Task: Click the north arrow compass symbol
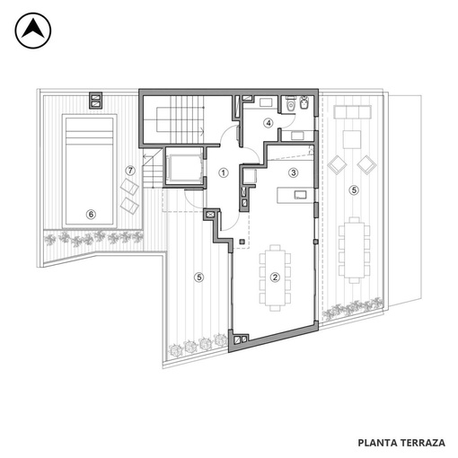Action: click(x=33, y=31)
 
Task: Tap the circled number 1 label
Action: click(x=224, y=172)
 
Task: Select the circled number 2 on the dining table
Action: click(x=275, y=277)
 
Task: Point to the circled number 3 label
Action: click(x=294, y=172)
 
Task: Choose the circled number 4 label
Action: click(x=269, y=123)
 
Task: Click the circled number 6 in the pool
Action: click(x=91, y=214)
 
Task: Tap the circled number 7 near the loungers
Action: click(x=130, y=171)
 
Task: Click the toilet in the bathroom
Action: click(x=290, y=103)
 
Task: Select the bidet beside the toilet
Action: click(x=304, y=103)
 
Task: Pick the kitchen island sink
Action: click(x=300, y=195)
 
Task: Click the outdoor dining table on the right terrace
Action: click(x=354, y=250)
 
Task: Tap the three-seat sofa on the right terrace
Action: click(x=353, y=111)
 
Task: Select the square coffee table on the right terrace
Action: click(x=352, y=139)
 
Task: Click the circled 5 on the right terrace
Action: click(x=354, y=189)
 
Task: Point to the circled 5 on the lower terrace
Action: click(x=199, y=277)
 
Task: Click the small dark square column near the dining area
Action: click(x=242, y=242)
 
